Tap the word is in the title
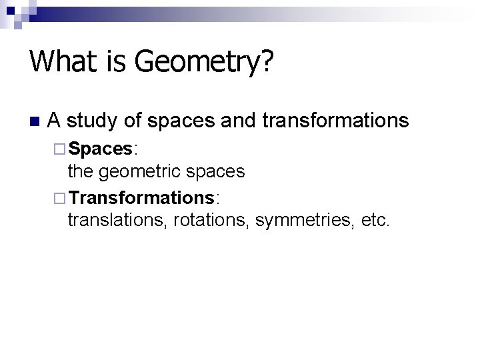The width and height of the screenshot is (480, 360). click(x=113, y=62)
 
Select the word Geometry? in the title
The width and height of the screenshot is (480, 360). click(x=204, y=63)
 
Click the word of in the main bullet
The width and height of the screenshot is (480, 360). click(x=133, y=121)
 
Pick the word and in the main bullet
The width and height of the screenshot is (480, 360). click(x=237, y=121)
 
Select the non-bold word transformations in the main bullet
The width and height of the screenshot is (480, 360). click(x=335, y=121)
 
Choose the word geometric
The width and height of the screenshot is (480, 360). click(x=139, y=172)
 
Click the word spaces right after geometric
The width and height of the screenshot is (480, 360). click(x=215, y=172)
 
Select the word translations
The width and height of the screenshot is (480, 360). click(x=117, y=221)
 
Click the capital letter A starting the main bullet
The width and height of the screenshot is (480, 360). click(x=55, y=121)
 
